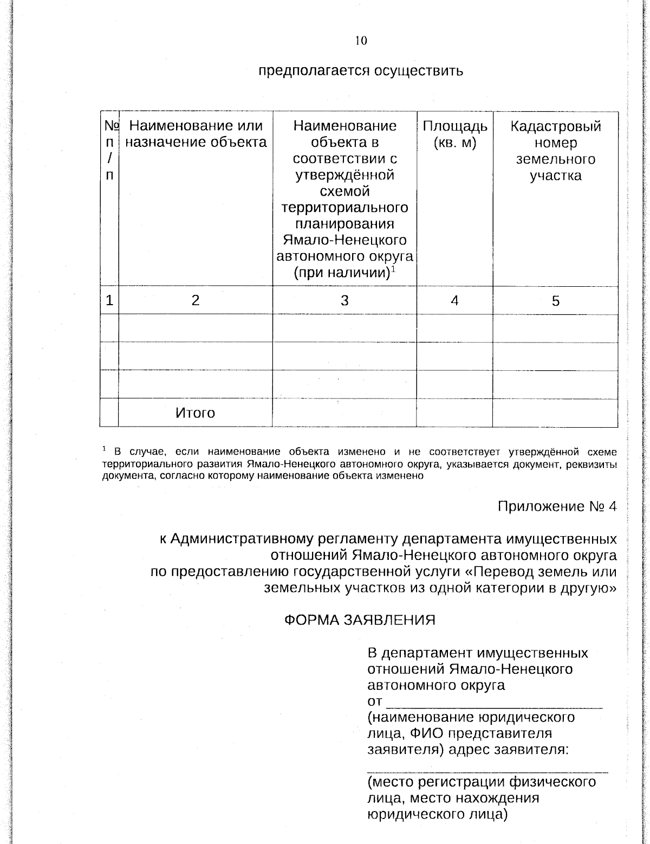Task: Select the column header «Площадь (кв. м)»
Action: [x=454, y=135]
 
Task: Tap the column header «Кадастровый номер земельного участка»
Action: [x=555, y=151]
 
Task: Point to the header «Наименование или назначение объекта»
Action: [x=196, y=134]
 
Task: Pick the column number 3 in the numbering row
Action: [x=344, y=301]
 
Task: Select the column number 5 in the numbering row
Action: [x=555, y=301]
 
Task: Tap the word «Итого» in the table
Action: [x=195, y=414]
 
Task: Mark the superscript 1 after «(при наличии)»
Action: [x=394, y=269]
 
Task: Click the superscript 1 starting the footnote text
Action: [x=105, y=449]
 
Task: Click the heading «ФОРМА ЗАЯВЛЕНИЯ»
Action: [x=360, y=620]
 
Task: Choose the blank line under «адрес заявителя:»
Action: [x=487, y=769]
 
